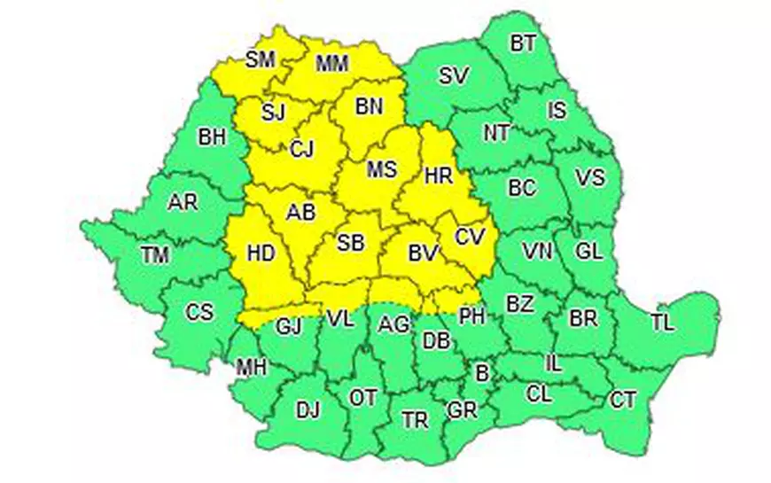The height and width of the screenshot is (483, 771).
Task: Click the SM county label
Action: [x=261, y=59]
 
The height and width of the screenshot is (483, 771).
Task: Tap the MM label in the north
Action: [x=332, y=63]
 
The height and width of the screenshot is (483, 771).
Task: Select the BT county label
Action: [x=523, y=43]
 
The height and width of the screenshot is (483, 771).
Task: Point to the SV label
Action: [x=453, y=75]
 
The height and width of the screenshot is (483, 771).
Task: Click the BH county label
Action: [x=212, y=136]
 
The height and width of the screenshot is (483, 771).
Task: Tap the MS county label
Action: [x=381, y=169]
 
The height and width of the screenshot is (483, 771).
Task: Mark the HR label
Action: [x=439, y=176]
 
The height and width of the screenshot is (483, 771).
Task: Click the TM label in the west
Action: [x=154, y=256]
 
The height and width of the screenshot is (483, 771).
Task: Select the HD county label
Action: [x=260, y=253]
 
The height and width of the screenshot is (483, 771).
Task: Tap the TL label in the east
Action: [x=662, y=323]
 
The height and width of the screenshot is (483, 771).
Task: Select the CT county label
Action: [x=623, y=400]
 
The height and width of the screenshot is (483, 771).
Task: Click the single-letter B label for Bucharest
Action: [x=481, y=374]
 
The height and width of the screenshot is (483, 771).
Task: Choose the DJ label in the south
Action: [x=307, y=409]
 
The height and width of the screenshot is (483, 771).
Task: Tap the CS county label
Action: [x=199, y=312]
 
